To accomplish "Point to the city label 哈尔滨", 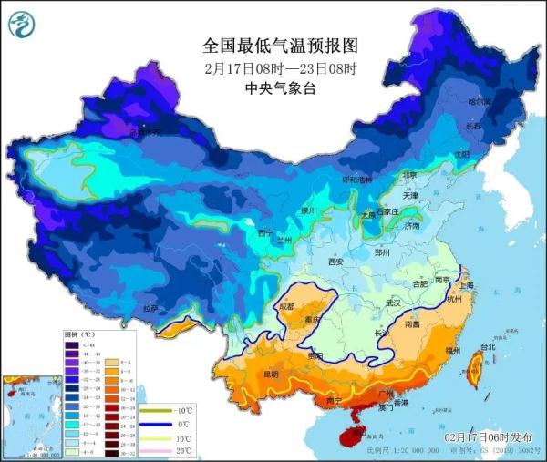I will pos(479,102).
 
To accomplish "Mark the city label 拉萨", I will pos(150,309).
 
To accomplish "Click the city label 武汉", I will pos(393,302).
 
